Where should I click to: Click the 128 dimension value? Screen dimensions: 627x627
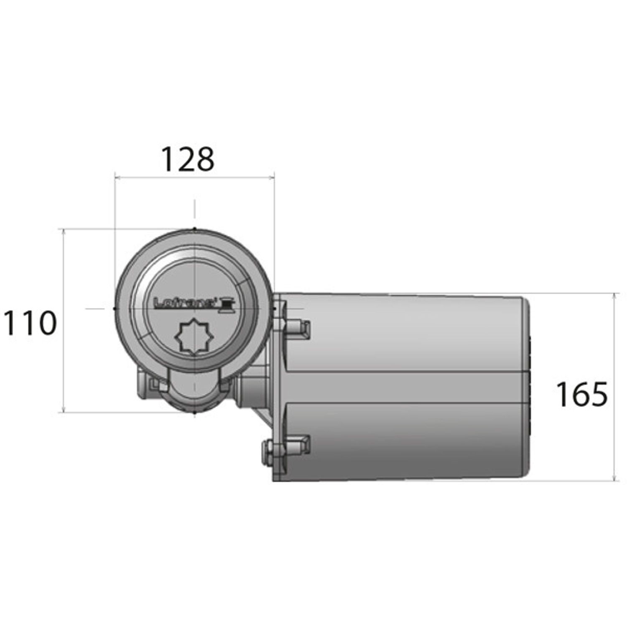click(188, 159)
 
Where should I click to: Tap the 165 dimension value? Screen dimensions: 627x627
click(581, 394)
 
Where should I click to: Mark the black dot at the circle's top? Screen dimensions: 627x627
click(194, 229)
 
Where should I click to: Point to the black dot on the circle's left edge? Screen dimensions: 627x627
click(115, 308)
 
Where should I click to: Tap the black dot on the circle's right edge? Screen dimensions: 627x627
click(274, 309)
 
